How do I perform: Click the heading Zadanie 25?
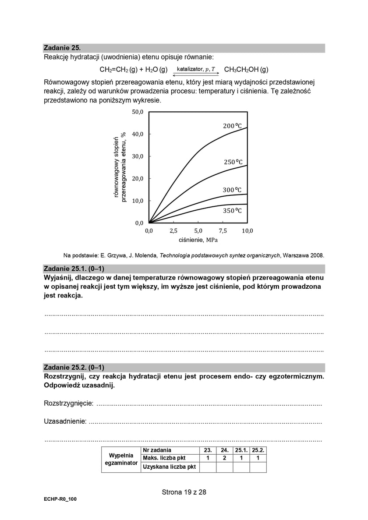click(62, 48)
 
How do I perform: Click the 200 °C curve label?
click(232, 126)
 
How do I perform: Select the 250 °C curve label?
click(233, 162)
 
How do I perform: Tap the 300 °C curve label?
click(232, 190)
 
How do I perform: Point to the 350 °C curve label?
click(232, 211)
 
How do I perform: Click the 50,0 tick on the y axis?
click(138, 112)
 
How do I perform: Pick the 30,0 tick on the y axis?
click(138, 156)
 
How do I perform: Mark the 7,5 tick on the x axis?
click(223, 231)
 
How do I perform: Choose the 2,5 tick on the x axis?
click(173, 231)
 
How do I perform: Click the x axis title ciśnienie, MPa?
click(198, 240)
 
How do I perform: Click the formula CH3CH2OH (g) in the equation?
click(246, 70)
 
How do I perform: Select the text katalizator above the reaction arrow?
click(190, 69)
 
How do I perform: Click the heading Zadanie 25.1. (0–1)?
click(74, 269)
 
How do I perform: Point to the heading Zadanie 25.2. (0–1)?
click(74, 368)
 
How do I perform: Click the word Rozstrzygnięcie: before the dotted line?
click(68, 403)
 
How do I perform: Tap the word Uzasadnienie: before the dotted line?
click(65, 421)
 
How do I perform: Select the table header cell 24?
click(224, 450)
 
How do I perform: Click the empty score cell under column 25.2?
click(258, 467)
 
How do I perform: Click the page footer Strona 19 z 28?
click(184, 492)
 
